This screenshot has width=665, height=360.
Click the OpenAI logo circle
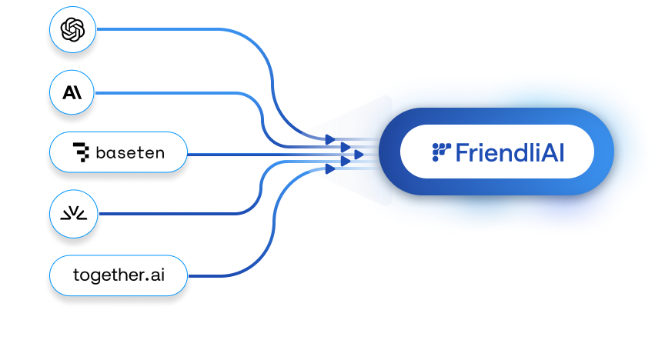coord(72,31)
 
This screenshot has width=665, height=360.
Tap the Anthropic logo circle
coord(72,93)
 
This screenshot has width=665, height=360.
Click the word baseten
coord(130,153)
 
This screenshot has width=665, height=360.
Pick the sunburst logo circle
coord(72,214)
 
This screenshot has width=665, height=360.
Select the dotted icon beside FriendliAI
coord(441,152)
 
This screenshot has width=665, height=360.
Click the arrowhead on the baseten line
coord(359,155)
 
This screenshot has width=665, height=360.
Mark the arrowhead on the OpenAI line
coord(329,139)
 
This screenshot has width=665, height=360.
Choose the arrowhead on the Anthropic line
coord(345,147)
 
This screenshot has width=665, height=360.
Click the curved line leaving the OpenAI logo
coord(192,31)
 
